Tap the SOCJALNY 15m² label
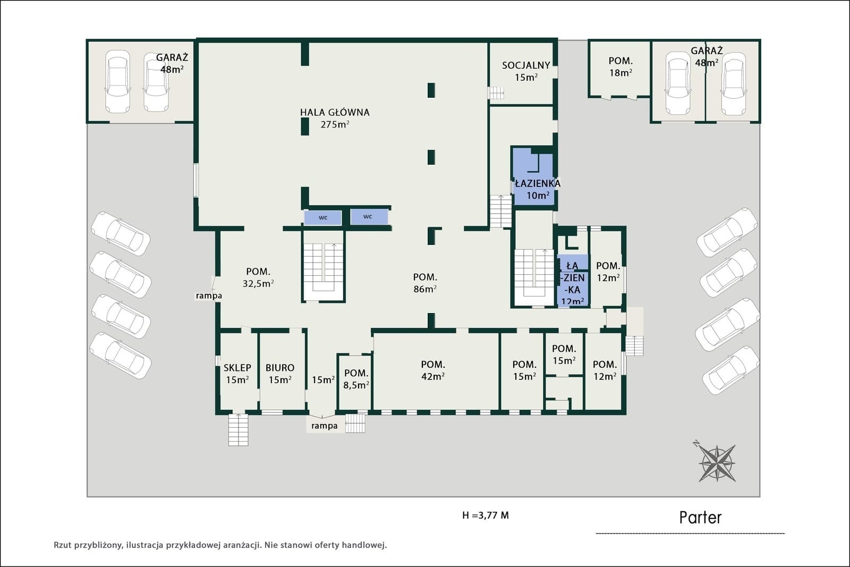click(x=526, y=71)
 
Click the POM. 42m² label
click(x=433, y=370)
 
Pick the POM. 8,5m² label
click(x=356, y=379)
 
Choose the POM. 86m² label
click(x=425, y=283)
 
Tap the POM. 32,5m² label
click(x=258, y=277)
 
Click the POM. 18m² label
click(x=621, y=66)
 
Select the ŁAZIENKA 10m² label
click(x=538, y=189)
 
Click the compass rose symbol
click(x=717, y=463)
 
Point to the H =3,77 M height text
click(x=486, y=515)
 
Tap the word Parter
click(x=700, y=518)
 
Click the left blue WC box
click(x=322, y=218)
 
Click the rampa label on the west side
click(x=209, y=295)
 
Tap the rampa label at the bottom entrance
click(x=325, y=426)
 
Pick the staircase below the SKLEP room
click(x=239, y=430)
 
